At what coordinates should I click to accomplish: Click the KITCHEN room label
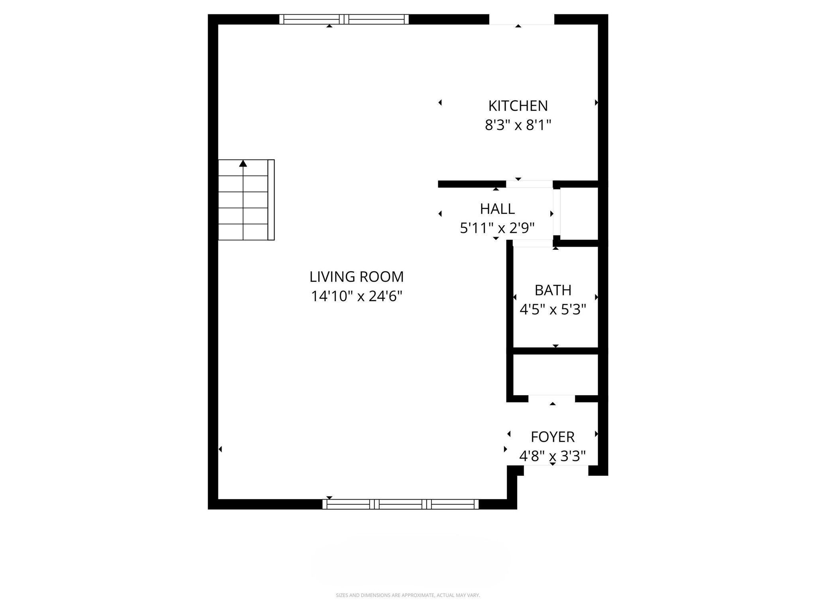[x=518, y=106]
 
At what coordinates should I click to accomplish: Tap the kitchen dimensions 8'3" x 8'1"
[x=518, y=126]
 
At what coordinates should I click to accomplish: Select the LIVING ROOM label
[x=356, y=277]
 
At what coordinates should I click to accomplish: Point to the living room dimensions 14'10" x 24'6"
[x=356, y=296]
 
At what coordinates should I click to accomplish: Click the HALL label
[x=497, y=209]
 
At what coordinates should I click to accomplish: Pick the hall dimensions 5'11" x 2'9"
[x=497, y=228]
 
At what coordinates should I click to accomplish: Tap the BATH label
[x=553, y=290]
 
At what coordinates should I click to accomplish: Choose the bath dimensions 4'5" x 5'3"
[x=553, y=310]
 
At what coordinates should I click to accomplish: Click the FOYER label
[x=553, y=437]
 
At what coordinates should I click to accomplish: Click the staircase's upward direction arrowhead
[x=243, y=163]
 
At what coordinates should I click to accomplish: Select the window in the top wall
[x=344, y=19]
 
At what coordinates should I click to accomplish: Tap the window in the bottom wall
[x=400, y=504]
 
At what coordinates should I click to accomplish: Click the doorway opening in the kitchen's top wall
[x=522, y=19]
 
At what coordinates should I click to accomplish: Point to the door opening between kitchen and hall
[x=529, y=184]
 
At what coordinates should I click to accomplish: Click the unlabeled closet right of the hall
[x=579, y=214]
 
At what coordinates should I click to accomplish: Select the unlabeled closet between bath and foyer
[x=555, y=375]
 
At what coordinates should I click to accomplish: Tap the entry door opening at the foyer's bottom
[x=556, y=471]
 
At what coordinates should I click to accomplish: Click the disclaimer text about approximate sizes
[x=408, y=595]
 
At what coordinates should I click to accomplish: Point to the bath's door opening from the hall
[x=533, y=243]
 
